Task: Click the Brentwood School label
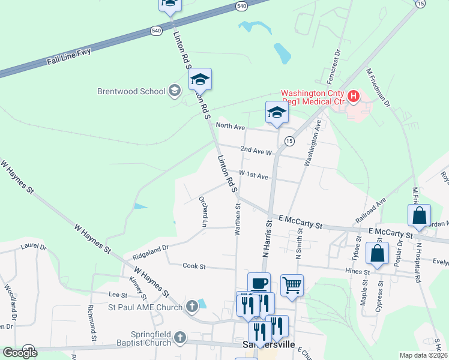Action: [x=131, y=92]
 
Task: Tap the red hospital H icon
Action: [x=354, y=96]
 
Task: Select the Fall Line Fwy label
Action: [x=68, y=59]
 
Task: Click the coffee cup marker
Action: [x=259, y=283]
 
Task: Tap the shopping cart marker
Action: [x=292, y=286]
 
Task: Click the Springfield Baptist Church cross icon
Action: [x=179, y=338]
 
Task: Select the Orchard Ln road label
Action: [x=205, y=211]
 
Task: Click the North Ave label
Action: [x=231, y=127]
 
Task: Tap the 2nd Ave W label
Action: [x=256, y=150]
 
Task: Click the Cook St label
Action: [x=194, y=265]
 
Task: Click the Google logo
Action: [x=20, y=353]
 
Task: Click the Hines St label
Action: [x=360, y=272]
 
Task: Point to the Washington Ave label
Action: [x=313, y=142]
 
